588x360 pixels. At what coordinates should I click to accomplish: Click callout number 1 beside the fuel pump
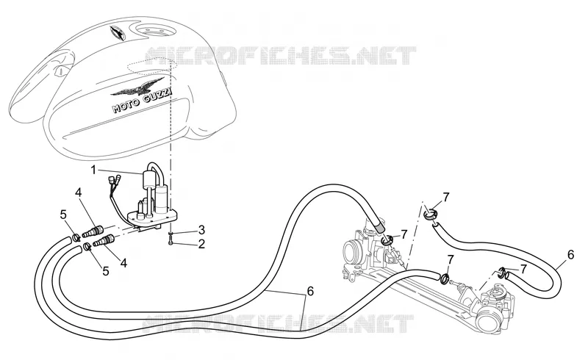(93, 170)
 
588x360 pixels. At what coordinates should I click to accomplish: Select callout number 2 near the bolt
(201, 245)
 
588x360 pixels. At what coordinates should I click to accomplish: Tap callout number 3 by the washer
(201, 229)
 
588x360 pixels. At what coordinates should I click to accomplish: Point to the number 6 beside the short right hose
(570, 255)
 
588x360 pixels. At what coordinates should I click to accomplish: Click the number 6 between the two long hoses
(309, 291)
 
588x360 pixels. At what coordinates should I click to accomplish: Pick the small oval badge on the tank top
(118, 32)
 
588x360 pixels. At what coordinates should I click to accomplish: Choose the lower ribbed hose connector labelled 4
(104, 240)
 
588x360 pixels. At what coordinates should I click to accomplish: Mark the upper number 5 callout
(63, 215)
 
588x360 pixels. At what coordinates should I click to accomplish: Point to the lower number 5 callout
(106, 271)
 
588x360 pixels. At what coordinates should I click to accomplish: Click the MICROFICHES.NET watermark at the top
(281, 56)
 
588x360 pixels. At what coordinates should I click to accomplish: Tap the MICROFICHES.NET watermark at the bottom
(279, 323)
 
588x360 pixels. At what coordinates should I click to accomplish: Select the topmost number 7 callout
(445, 197)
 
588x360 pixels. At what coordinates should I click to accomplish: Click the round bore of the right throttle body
(486, 320)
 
